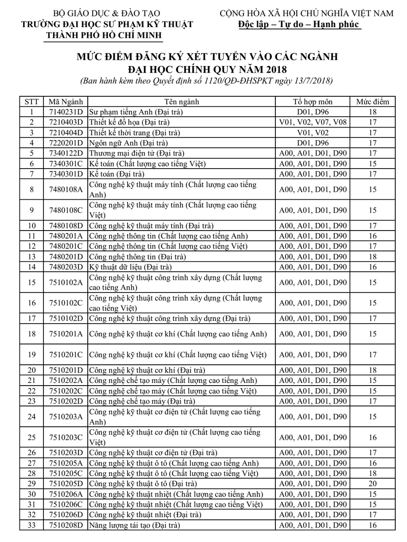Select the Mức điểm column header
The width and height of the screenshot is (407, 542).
click(x=372, y=102)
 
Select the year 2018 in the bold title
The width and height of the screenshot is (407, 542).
click(x=274, y=70)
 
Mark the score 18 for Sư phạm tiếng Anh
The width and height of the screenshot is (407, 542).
click(x=372, y=112)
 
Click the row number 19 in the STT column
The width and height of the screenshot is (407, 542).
click(x=32, y=353)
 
